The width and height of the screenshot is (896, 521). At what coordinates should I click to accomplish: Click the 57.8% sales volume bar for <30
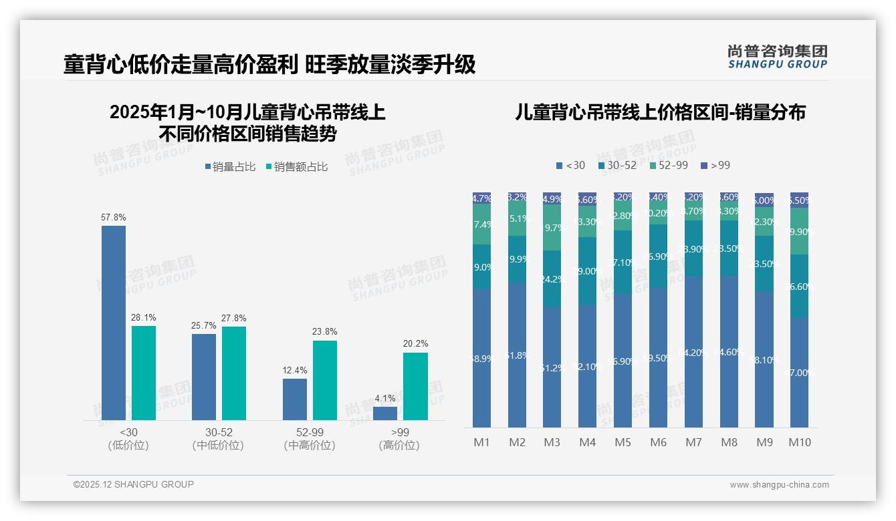(114, 323)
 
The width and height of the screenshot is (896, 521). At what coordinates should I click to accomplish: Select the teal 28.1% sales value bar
(144, 373)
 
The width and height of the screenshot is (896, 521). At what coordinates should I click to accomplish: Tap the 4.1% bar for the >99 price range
(385, 413)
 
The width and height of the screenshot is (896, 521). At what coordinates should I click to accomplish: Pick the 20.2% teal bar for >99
(415, 386)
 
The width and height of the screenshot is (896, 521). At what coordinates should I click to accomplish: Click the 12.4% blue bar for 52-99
(295, 399)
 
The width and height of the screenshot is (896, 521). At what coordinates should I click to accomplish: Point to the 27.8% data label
(233, 318)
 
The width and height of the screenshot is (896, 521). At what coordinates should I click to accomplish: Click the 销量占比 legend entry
(230, 167)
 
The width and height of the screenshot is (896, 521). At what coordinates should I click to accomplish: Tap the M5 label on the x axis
(623, 442)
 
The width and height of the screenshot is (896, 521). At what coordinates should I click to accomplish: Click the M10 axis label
(799, 442)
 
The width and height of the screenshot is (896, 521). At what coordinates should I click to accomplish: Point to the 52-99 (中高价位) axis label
(309, 439)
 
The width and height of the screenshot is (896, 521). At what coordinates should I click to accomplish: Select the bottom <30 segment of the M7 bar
(693, 352)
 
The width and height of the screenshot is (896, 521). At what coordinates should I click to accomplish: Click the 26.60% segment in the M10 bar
(799, 286)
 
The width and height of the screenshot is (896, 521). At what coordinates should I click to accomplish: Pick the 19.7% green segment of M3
(552, 228)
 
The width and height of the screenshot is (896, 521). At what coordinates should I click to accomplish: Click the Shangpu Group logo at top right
(777, 56)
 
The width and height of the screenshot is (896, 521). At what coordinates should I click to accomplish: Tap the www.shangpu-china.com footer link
(779, 485)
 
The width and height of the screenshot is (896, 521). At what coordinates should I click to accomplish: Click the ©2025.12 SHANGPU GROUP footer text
(133, 484)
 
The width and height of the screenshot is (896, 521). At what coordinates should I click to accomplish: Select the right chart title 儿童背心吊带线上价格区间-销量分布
(660, 112)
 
